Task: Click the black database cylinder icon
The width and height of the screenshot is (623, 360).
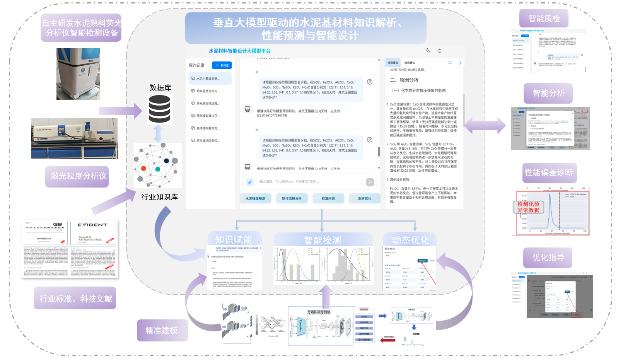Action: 159,109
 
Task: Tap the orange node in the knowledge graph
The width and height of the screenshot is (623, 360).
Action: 143,168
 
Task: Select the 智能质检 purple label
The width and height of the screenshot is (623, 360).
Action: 544,19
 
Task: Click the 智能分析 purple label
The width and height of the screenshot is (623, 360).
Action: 548,93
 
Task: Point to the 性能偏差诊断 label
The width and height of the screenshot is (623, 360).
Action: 548,172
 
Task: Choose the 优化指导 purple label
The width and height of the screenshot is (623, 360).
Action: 548,258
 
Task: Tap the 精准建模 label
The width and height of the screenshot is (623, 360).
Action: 162,331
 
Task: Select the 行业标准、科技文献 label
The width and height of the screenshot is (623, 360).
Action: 75,299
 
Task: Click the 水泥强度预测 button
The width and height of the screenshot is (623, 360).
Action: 255,199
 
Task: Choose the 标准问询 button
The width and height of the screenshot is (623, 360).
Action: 328,199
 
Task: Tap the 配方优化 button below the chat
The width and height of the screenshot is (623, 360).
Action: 364,199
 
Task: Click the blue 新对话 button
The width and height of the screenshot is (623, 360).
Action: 222,65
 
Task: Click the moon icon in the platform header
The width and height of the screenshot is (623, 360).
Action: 428,50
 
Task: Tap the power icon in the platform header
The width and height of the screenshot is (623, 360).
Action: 439,51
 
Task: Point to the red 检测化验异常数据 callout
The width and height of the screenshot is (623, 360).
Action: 528,207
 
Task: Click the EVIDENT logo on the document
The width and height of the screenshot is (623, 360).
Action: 92,225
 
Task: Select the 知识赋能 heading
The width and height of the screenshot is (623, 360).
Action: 233,240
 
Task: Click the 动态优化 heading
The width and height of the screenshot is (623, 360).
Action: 410,241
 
